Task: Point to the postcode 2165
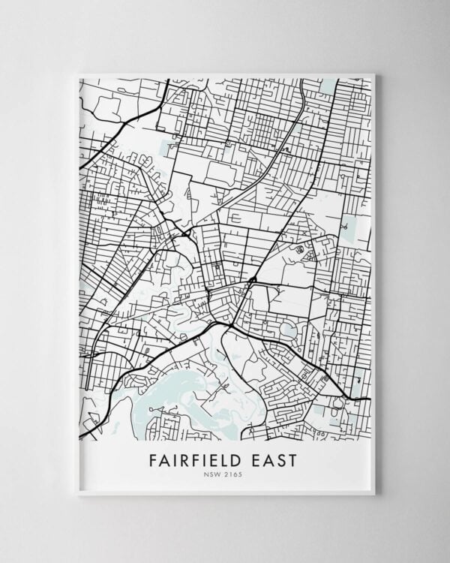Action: point(237,474)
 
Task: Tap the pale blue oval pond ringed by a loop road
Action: point(286,327)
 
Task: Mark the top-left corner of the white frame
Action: point(78,73)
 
